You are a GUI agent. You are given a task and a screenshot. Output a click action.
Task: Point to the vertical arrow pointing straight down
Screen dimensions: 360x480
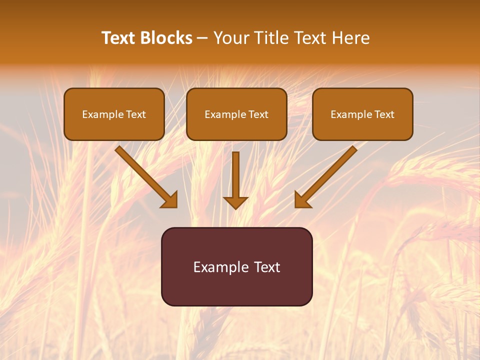point(235,177)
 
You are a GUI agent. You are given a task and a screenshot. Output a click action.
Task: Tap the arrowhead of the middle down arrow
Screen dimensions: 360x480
point(235,202)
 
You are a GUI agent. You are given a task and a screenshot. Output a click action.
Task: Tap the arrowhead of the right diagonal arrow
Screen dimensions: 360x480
point(301,200)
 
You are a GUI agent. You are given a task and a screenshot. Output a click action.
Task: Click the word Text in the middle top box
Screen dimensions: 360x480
point(258,114)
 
